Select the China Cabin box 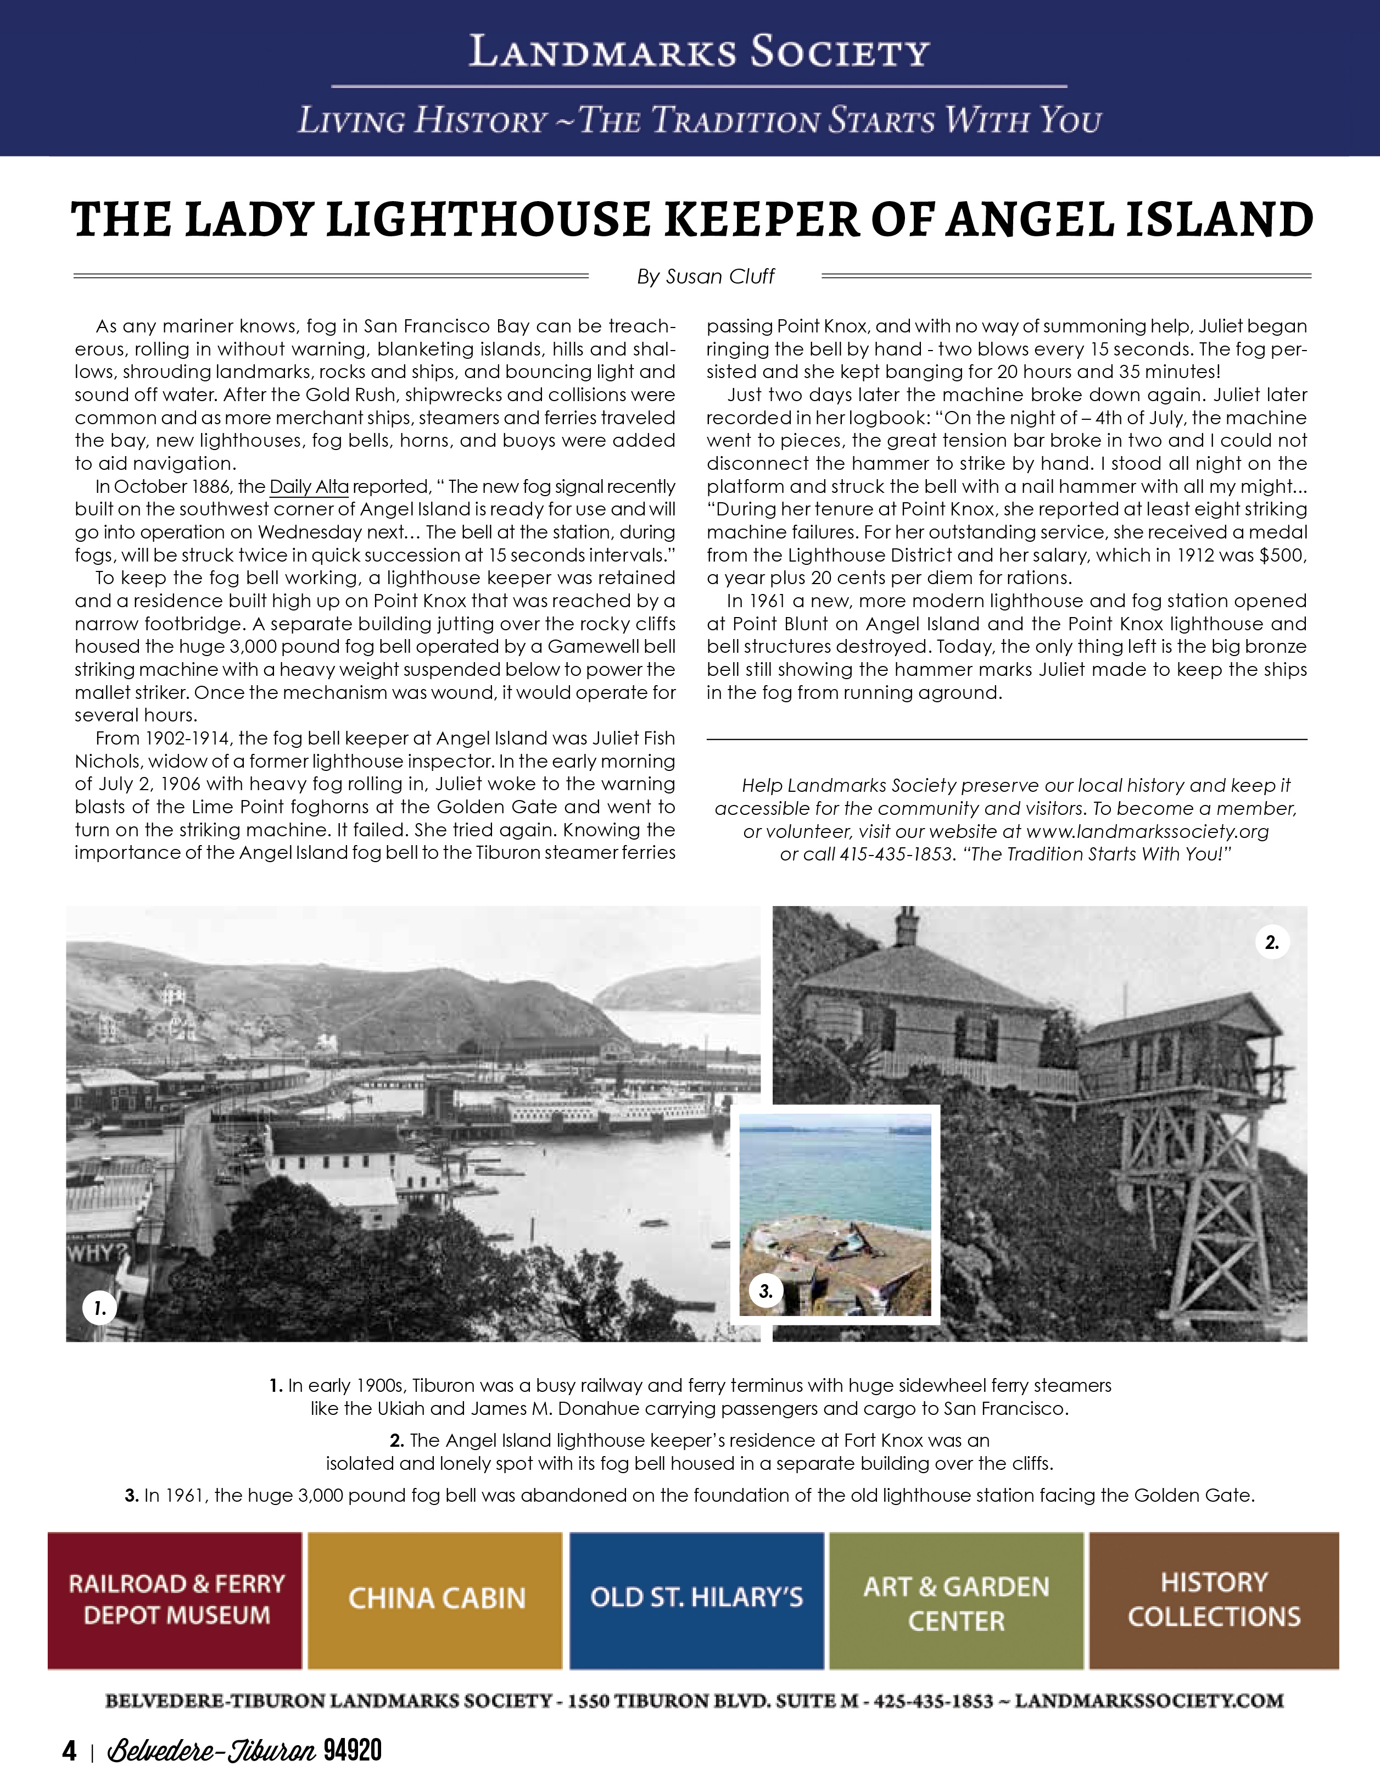click(x=436, y=1600)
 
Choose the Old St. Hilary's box click(x=696, y=1600)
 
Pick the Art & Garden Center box click(x=956, y=1600)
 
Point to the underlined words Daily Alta click(x=309, y=487)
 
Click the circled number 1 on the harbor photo click(x=100, y=1308)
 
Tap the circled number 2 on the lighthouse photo click(x=1272, y=942)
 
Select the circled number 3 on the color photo click(x=765, y=1290)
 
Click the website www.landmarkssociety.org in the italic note click(x=1147, y=831)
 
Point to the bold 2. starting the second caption click(x=397, y=1440)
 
